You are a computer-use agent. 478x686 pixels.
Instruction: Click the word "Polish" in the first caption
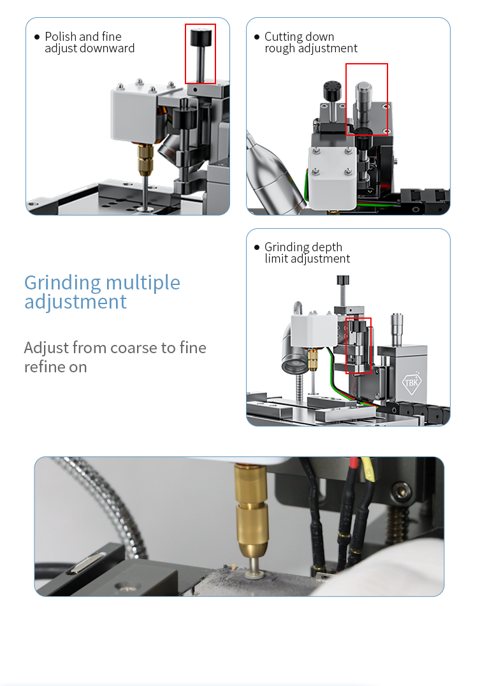coord(61,36)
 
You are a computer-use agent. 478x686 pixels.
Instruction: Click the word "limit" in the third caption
coord(276,259)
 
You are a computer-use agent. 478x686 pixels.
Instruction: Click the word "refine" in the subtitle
coord(45,367)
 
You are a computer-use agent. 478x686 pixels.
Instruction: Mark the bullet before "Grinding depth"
coord(257,247)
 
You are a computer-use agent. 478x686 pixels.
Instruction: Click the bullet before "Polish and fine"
coord(37,37)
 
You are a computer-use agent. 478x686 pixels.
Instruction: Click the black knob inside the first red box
coord(201,36)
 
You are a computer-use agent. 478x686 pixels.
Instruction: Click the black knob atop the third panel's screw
coord(343,280)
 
